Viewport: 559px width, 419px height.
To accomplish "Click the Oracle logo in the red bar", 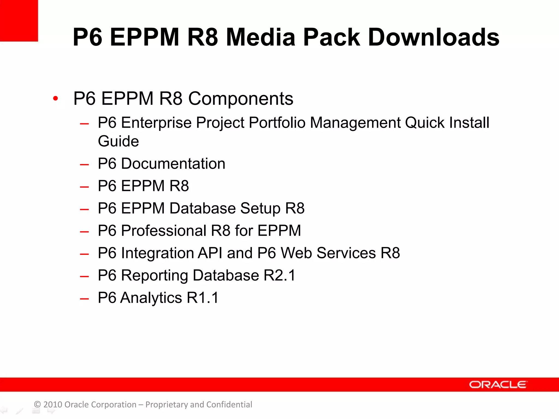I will [x=498, y=384].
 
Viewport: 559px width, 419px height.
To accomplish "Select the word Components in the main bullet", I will [x=241, y=98].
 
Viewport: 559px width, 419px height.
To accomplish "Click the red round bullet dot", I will [x=56, y=98].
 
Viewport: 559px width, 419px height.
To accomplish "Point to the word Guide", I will [x=118, y=141].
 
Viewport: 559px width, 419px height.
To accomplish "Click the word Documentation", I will [x=173, y=164].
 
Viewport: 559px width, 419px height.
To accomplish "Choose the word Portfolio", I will [x=277, y=123].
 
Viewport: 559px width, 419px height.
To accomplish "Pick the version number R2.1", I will [x=279, y=276].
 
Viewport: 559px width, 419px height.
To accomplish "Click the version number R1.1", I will [x=203, y=298].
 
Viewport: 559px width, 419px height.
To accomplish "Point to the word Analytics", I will [x=151, y=298].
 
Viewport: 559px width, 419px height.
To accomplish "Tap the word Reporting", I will [x=154, y=276].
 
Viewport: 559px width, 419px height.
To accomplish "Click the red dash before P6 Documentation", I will [x=84, y=164].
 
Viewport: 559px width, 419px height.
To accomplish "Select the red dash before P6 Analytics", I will [x=84, y=299].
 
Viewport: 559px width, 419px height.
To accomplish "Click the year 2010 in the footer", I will [x=53, y=405].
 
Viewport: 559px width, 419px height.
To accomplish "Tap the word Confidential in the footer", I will [x=229, y=405].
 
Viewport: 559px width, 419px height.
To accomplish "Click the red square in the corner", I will [x=19, y=20].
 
